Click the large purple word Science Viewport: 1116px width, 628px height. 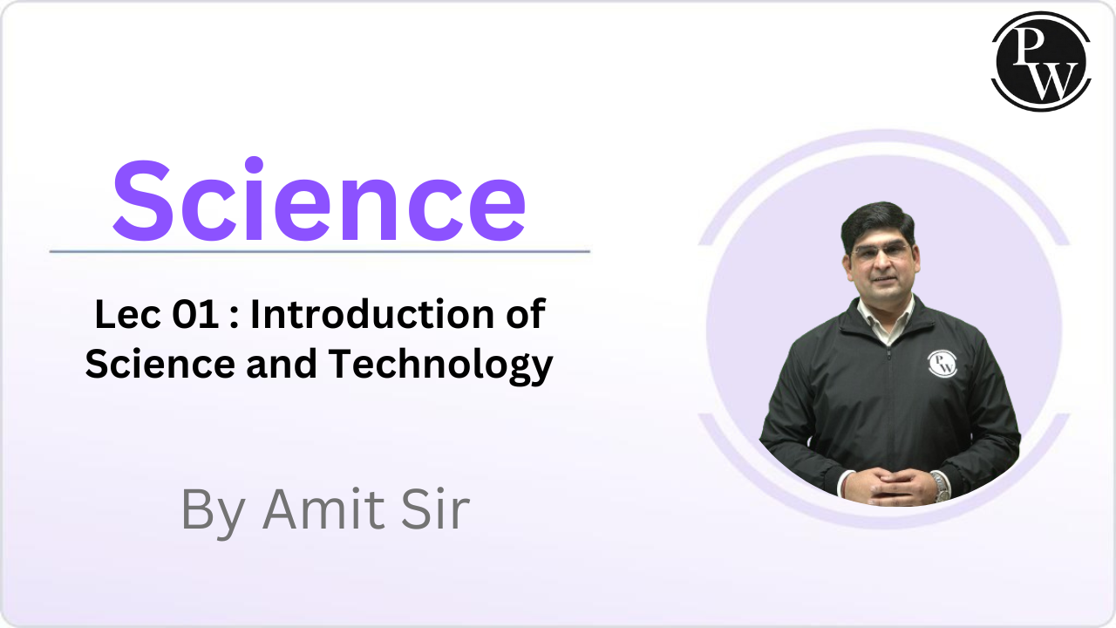(x=319, y=201)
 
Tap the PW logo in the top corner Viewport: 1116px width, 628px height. (x=1041, y=61)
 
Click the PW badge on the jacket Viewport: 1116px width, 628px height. (x=942, y=363)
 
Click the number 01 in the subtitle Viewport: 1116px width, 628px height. (x=195, y=315)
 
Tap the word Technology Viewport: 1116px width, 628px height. (x=440, y=365)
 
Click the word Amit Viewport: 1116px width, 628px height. (x=324, y=509)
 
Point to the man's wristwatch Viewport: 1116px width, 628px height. (x=941, y=488)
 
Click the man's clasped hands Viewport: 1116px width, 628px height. (x=891, y=487)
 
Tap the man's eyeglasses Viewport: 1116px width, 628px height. (x=881, y=252)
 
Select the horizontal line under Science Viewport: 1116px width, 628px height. (x=320, y=252)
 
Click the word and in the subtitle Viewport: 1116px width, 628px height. (x=282, y=364)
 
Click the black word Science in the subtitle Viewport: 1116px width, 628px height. (x=160, y=364)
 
